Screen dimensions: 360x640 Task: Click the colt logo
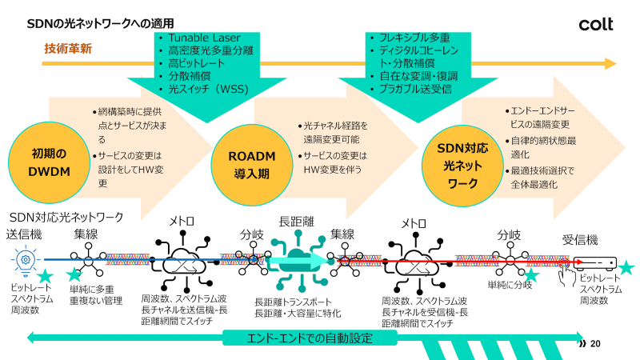(x=595, y=25)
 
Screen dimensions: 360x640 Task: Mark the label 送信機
(x=24, y=234)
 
